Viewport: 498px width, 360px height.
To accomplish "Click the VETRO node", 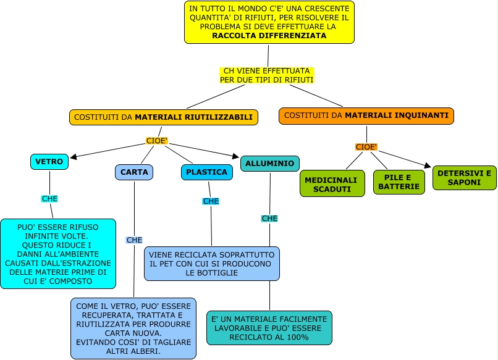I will pos(49,162).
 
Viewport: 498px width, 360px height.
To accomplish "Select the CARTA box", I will pos(134,172).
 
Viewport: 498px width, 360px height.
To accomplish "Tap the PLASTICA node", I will pos(207,172).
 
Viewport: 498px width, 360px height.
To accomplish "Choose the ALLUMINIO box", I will pos(269,163).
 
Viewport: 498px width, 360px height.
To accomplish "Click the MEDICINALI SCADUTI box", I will pos(331,184).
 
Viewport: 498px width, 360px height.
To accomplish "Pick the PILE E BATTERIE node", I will pos(399,182).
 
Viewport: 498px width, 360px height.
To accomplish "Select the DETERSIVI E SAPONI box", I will pos(463,178).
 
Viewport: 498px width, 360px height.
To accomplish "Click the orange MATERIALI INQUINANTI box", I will pos(366,115).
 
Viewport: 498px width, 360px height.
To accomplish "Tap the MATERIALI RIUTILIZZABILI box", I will pos(163,117).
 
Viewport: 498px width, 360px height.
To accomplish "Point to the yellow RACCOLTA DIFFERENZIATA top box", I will pos(269,22).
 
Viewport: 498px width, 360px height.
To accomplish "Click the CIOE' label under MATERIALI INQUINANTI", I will pos(366,147).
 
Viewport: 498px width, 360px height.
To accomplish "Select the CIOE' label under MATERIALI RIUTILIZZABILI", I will pos(157,141).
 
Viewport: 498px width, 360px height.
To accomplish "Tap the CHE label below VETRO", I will pos(49,199).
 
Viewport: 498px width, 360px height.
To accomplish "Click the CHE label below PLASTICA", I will pos(211,201).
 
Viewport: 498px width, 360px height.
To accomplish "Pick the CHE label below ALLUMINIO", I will pos(269,219).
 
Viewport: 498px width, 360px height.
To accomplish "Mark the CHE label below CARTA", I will pos(134,240).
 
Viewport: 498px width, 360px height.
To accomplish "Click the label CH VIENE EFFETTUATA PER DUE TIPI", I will pos(267,75).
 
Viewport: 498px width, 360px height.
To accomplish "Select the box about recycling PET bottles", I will pos(211,264).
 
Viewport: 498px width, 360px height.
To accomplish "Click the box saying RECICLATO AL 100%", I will pos(269,327).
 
